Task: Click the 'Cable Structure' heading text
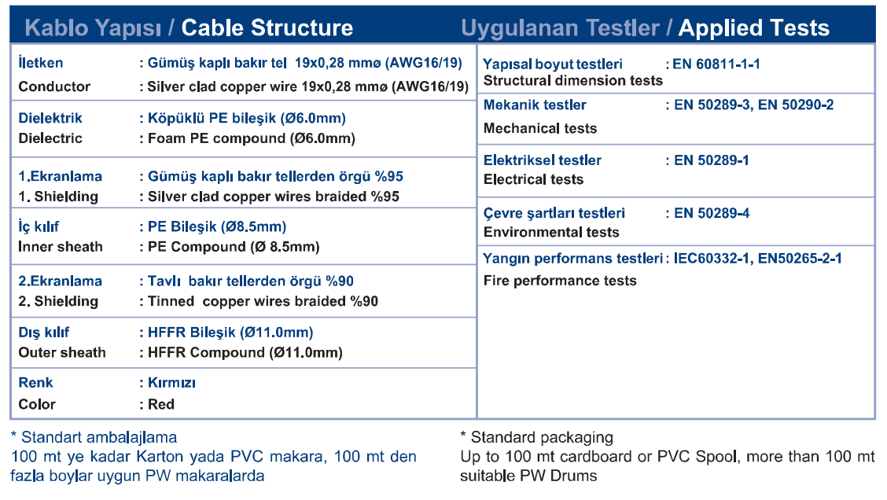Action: click(267, 28)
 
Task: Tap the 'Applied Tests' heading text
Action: click(753, 28)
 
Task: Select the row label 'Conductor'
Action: click(54, 86)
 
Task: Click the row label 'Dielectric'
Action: click(50, 138)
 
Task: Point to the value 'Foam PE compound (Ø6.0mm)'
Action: click(252, 138)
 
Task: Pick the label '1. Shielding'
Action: click(58, 197)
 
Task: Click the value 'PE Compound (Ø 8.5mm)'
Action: click(234, 247)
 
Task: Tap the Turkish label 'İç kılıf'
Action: click(39, 227)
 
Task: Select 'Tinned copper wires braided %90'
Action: click(263, 301)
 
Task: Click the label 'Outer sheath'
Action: click(62, 352)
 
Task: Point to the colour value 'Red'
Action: click(161, 404)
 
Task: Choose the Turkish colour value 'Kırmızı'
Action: click(171, 383)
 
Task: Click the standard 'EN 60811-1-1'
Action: click(716, 64)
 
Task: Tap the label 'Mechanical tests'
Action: click(540, 128)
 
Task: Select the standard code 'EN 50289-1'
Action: click(712, 160)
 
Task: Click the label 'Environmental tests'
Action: click(551, 232)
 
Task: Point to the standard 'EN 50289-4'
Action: click(712, 213)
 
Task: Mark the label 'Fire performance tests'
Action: click(560, 281)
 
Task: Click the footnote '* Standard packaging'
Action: click(537, 437)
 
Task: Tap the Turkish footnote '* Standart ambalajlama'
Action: click(94, 437)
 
